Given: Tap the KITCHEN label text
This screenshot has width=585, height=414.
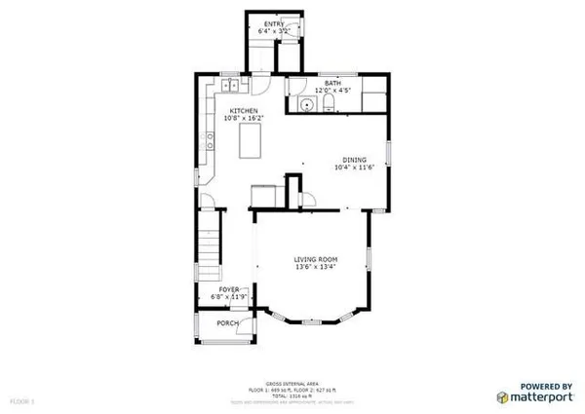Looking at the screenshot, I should point(244,113).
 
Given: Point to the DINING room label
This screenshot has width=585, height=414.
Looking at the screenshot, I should point(354,160).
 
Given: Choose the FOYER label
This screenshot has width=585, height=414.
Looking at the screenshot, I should point(229,290).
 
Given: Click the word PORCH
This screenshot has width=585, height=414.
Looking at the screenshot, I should point(228,323).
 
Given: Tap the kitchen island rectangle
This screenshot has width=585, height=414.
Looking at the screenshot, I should point(251,141).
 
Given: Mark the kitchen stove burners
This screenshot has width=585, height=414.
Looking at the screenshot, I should point(211,149).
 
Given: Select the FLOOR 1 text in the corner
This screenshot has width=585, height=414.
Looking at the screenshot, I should point(22,400).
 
